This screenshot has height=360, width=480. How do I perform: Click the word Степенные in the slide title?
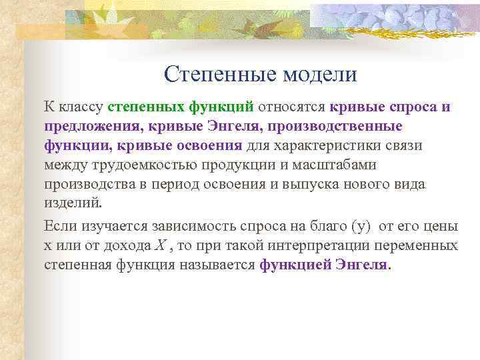click(x=211, y=74)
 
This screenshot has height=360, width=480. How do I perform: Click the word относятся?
click(x=291, y=107)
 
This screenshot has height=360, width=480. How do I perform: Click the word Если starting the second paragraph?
click(x=59, y=226)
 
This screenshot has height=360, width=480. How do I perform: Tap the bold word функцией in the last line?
click(x=291, y=265)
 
